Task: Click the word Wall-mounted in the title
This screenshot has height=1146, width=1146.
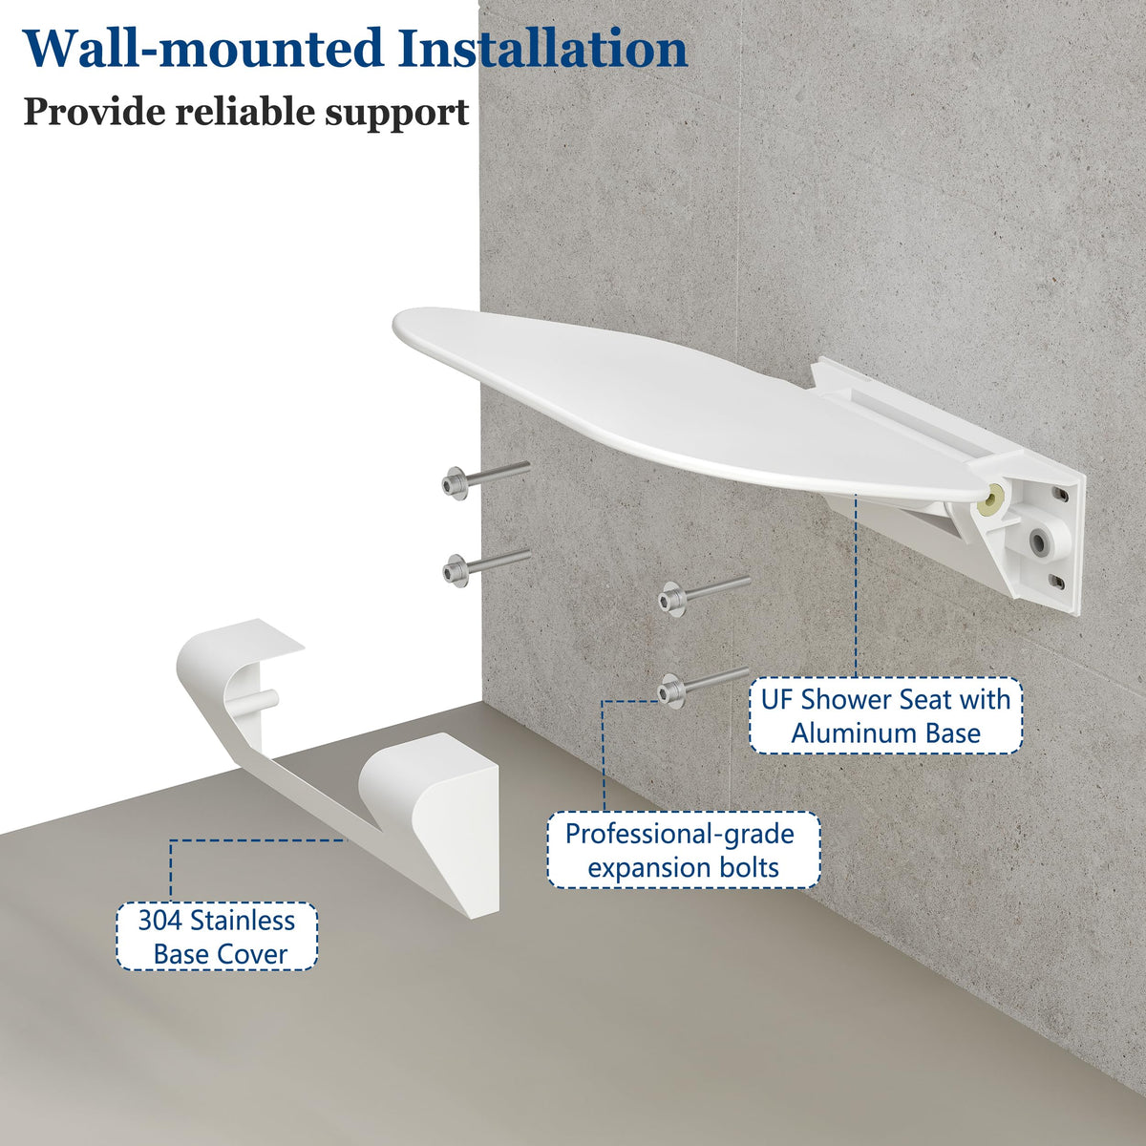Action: [202, 48]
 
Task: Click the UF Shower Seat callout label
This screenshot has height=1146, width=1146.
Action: [885, 716]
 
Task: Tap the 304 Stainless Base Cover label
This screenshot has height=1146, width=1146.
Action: [217, 937]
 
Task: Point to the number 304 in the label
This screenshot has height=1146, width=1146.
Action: [160, 921]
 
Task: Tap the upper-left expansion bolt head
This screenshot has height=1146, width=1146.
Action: [454, 484]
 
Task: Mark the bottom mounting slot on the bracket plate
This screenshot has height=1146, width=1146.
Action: [1057, 582]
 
